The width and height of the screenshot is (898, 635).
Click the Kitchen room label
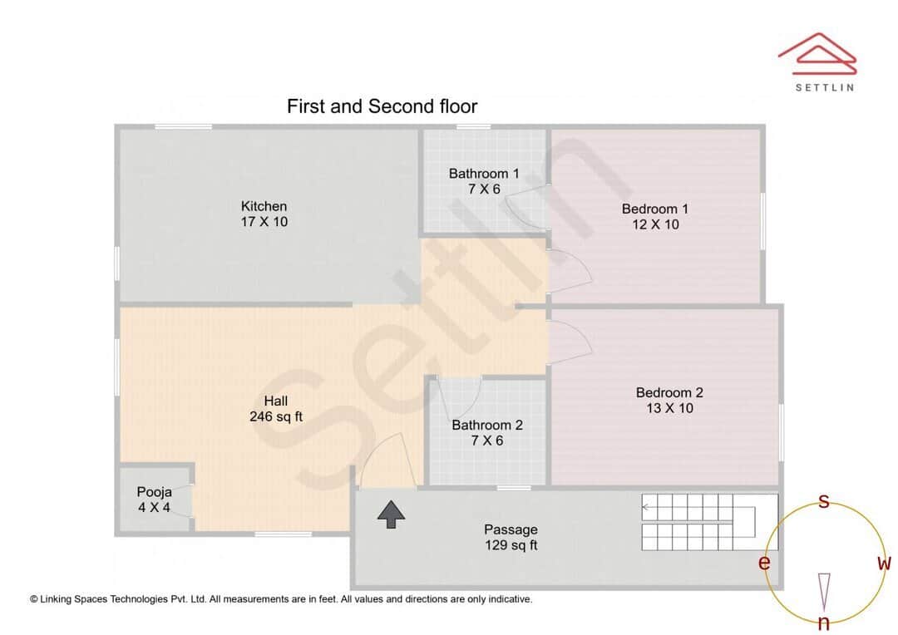(264, 206)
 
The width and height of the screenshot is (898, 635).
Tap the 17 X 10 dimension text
(264, 222)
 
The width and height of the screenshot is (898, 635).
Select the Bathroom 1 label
(484, 174)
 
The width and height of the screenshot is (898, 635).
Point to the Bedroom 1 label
(655, 209)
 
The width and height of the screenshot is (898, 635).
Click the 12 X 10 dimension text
(655, 224)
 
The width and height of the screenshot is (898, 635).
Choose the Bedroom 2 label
(669, 392)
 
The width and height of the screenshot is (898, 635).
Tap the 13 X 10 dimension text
(669, 408)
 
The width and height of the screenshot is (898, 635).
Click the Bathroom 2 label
(487, 425)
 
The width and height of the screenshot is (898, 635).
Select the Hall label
(276, 401)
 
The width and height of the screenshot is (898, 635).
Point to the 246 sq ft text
(276, 416)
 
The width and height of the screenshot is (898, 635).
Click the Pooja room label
(154, 492)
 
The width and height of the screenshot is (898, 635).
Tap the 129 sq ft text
(511, 545)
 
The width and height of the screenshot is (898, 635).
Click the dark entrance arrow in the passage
(390, 514)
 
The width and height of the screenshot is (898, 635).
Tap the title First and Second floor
(382, 106)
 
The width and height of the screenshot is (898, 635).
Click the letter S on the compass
(824, 501)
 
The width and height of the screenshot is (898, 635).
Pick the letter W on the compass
(884, 564)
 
